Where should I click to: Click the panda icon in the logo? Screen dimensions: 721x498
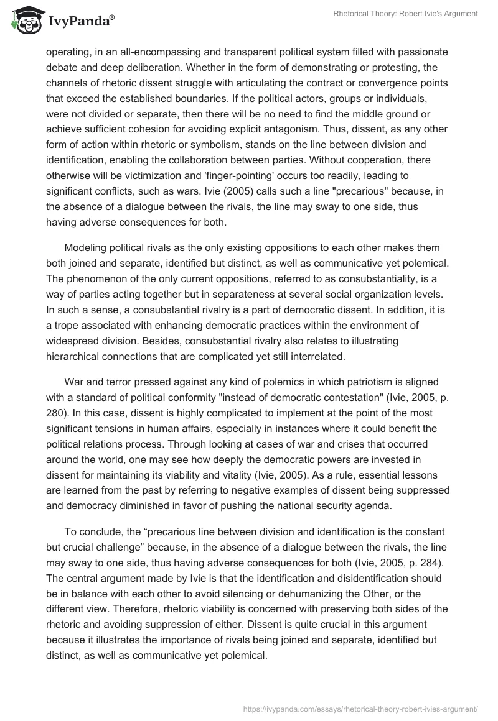(x=24, y=21)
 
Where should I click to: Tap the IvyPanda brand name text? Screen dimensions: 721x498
(x=79, y=22)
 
